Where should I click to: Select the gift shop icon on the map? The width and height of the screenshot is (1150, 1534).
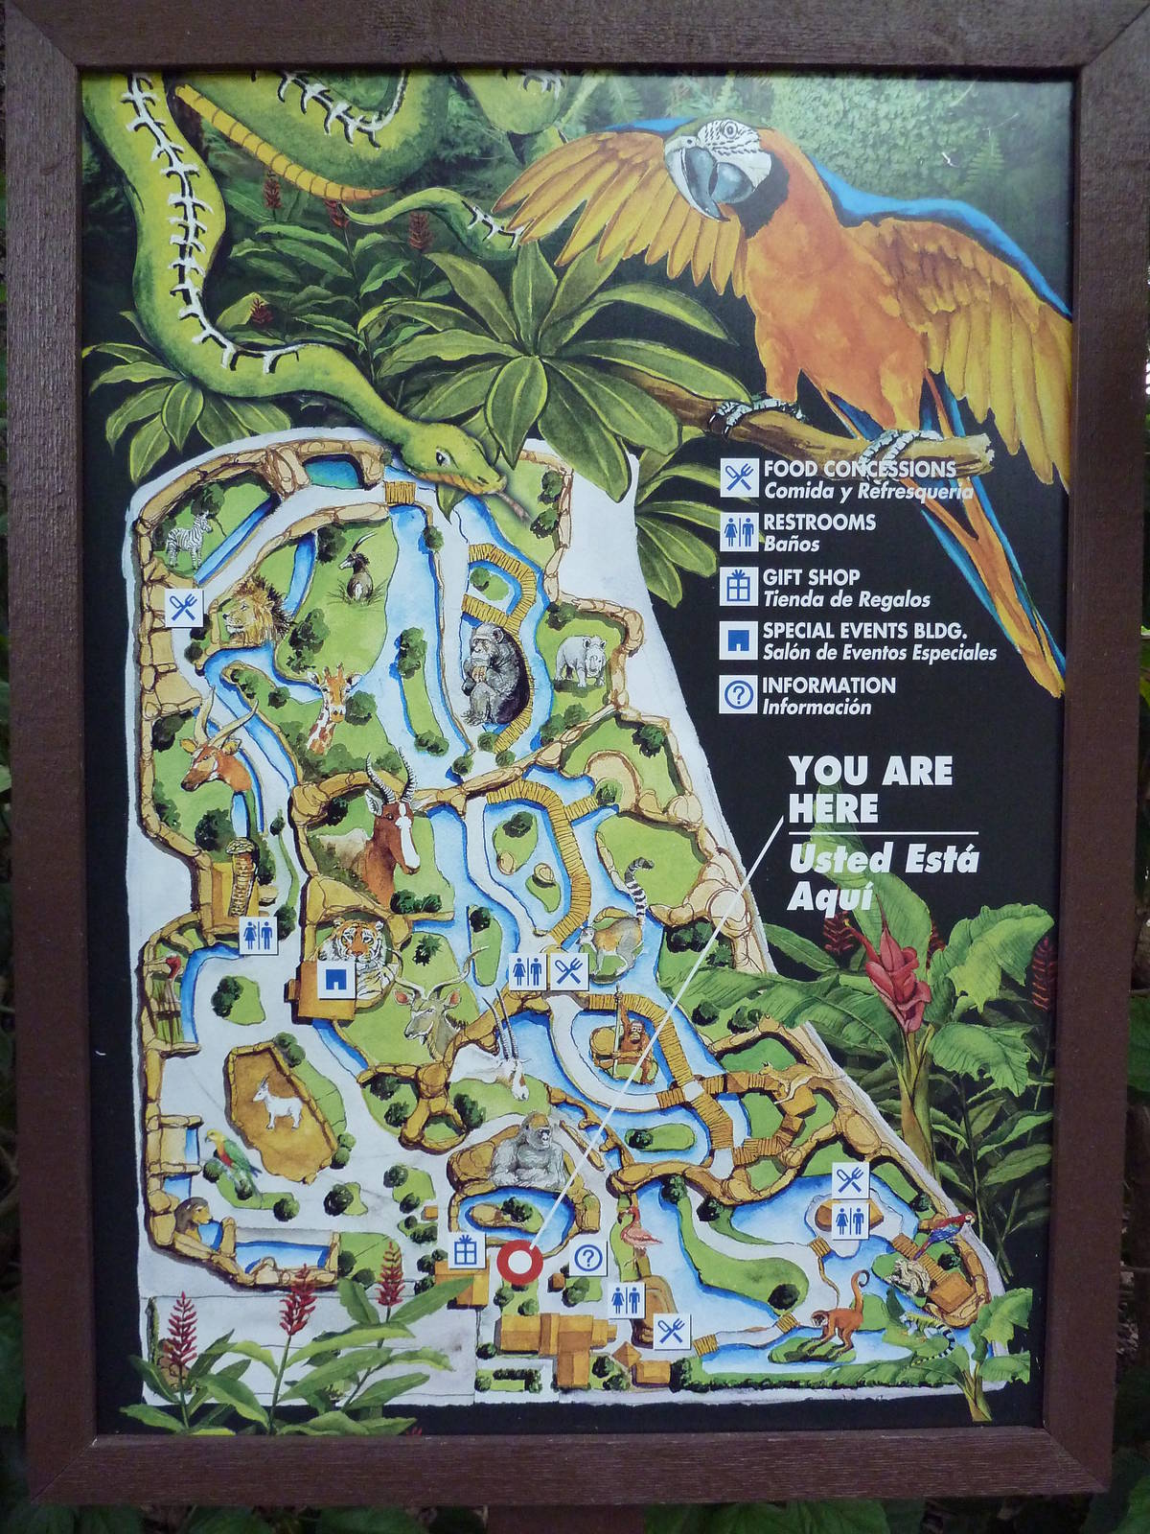coord(466,1249)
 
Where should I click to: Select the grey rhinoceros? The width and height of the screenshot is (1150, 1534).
coord(583,660)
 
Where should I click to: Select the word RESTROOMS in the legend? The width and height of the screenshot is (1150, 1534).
coord(818,523)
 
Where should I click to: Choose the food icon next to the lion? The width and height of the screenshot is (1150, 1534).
coord(182,608)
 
